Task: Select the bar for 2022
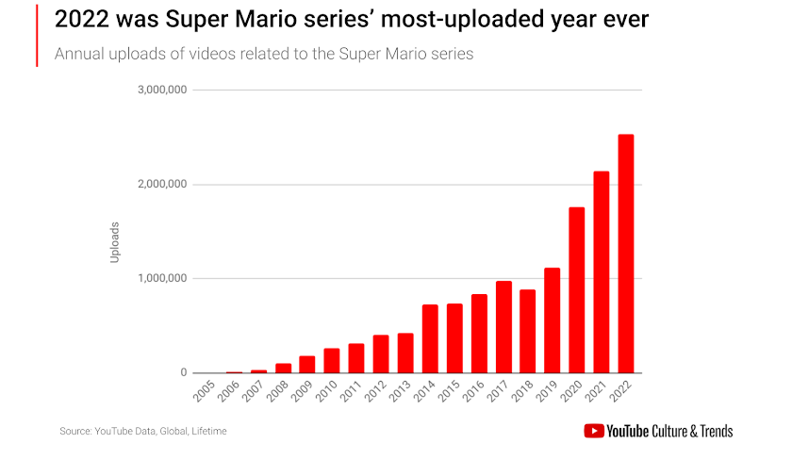tap(626, 255)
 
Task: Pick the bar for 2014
tap(430, 339)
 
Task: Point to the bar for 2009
tap(307, 365)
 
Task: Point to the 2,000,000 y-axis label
tap(162, 185)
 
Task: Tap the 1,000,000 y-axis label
tap(162, 279)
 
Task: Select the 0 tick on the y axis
tap(185, 373)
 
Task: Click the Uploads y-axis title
tap(115, 241)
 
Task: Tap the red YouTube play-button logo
tap(594, 432)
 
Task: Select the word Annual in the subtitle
tap(79, 54)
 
